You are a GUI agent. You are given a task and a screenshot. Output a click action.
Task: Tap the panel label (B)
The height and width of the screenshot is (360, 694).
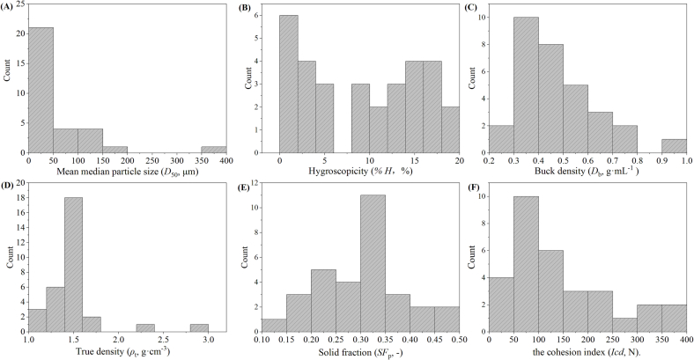pos(240,11)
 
